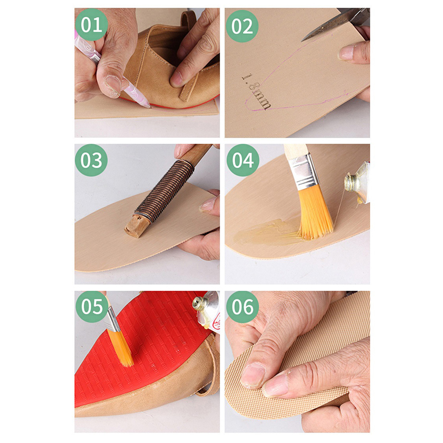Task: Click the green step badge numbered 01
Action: click(91, 24)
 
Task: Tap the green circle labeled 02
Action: click(242, 26)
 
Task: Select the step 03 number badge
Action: click(91, 160)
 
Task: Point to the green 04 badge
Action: click(243, 160)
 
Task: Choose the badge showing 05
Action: click(92, 307)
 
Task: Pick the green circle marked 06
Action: click(243, 307)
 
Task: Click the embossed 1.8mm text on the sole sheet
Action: click(256, 91)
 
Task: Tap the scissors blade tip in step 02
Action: click(302, 41)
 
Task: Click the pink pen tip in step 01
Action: click(149, 106)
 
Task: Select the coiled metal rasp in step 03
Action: click(164, 190)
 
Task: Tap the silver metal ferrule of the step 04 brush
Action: click(303, 172)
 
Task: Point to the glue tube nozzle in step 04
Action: click(350, 182)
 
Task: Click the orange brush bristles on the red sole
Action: click(121, 348)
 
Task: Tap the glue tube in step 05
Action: click(208, 311)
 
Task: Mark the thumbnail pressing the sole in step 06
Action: click(253, 375)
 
